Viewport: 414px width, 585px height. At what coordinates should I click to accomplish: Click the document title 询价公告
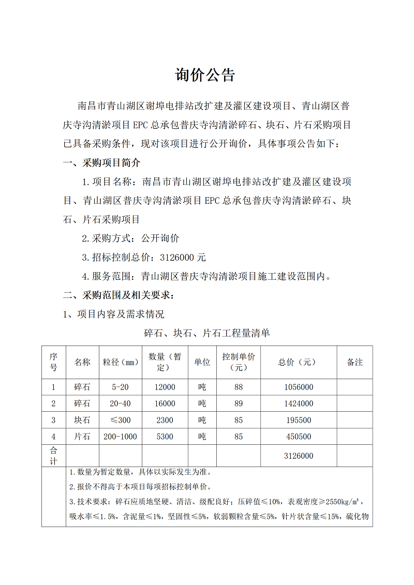pos(205,76)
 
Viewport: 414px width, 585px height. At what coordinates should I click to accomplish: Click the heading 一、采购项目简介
pos(101,163)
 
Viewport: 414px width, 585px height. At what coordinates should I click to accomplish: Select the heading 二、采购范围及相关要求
pos(119,296)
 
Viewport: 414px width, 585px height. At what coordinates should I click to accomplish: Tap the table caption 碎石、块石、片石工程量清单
pos(206,334)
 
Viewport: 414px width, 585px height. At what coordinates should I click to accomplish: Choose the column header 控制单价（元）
pos(239,362)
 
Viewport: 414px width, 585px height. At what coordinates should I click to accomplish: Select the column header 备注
pos(354,362)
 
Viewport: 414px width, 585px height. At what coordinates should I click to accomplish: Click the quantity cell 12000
pos(165,387)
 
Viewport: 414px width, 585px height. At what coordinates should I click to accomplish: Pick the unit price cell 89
pos(239,403)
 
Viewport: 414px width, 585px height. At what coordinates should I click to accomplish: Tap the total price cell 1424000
pos(299,403)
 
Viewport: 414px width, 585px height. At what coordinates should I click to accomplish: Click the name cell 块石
pos(82,420)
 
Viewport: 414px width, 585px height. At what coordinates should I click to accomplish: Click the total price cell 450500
pos(299,437)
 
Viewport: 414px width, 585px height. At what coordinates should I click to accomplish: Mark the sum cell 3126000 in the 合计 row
pos(299,456)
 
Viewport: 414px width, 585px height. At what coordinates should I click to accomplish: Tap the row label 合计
pos(54,456)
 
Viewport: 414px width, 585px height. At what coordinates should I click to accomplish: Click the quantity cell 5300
pos(165,437)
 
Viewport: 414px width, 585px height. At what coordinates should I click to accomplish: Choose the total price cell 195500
pos(299,420)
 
